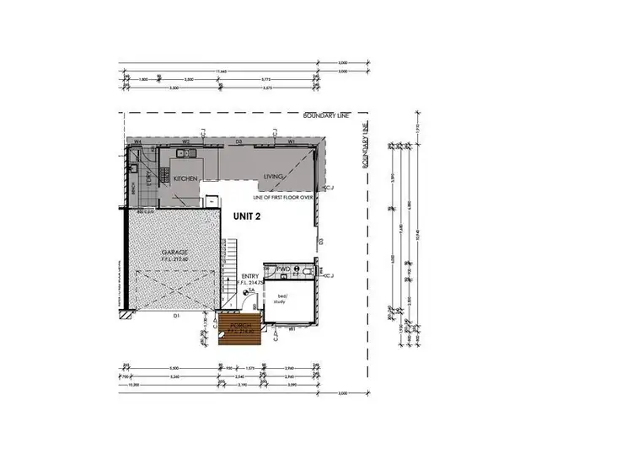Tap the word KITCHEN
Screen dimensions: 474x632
[x=185, y=179]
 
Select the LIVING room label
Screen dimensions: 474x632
[x=274, y=177]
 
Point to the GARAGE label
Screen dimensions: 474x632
[x=175, y=253]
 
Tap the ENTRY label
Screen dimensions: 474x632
[x=250, y=275]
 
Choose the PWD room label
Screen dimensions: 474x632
[x=284, y=269]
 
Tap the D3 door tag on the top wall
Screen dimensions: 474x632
[x=239, y=142]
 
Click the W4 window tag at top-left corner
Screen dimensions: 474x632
[x=137, y=141]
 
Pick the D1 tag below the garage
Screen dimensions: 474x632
[x=175, y=317]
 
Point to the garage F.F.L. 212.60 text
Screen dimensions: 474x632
[x=175, y=260]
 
